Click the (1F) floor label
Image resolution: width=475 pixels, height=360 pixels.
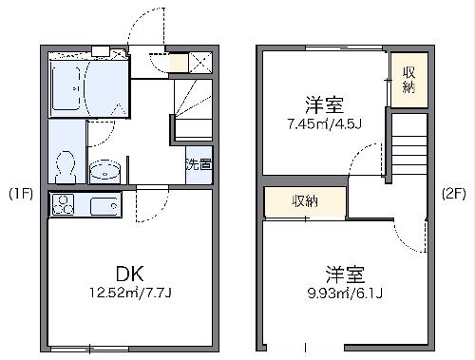tap(21, 195)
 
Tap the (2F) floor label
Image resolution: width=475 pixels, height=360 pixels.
tap(454, 195)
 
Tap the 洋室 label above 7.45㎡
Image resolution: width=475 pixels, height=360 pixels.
tap(323, 102)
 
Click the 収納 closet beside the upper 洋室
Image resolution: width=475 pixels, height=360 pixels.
tap(408, 80)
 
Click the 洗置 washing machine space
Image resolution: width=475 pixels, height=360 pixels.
tap(199, 163)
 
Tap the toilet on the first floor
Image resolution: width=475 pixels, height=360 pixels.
tap(66, 167)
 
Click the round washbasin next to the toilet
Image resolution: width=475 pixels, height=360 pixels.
tap(104, 172)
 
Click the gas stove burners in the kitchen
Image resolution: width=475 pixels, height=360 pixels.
tap(64, 205)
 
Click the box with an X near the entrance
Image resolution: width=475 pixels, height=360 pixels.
tap(201, 63)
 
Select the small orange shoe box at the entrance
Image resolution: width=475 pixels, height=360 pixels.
tap(178, 65)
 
